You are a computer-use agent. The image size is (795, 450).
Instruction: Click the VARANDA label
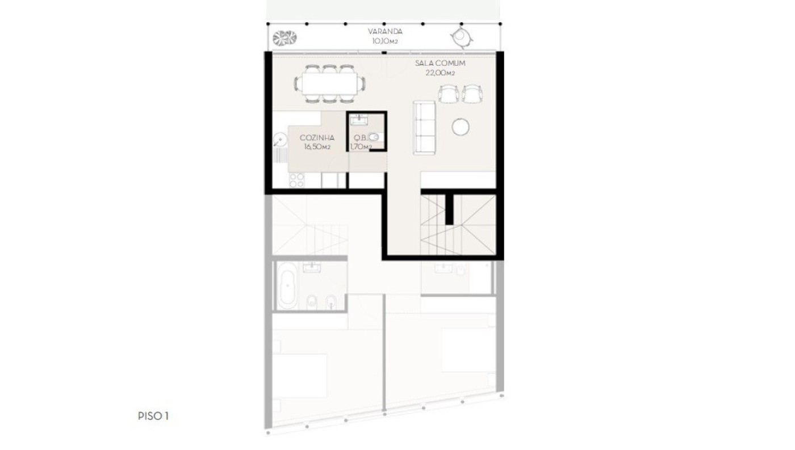click(385, 32)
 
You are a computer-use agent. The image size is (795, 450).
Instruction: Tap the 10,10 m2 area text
click(385, 41)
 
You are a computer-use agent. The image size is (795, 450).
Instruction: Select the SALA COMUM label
click(440, 63)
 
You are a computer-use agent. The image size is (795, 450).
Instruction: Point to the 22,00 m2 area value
click(440, 73)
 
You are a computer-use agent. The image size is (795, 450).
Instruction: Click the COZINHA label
click(317, 137)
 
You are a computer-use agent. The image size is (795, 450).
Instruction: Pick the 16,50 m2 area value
click(317, 147)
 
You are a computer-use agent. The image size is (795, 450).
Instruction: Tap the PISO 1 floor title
click(153, 416)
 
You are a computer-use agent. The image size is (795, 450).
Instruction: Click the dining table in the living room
click(329, 83)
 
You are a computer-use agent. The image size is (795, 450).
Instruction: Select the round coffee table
click(461, 127)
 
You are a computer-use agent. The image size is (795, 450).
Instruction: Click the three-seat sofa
click(424, 128)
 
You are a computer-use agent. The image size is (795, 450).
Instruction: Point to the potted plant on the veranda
click(284, 38)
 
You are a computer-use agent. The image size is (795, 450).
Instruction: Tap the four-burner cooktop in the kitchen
click(296, 180)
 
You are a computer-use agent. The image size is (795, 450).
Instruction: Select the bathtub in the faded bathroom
click(287, 285)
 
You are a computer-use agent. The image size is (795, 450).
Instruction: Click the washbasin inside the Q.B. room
click(359, 120)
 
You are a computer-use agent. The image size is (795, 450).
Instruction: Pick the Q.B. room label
click(360, 137)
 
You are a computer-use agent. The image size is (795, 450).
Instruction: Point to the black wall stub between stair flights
click(449, 209)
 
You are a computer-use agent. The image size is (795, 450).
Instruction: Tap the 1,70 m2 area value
click(361, 146)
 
